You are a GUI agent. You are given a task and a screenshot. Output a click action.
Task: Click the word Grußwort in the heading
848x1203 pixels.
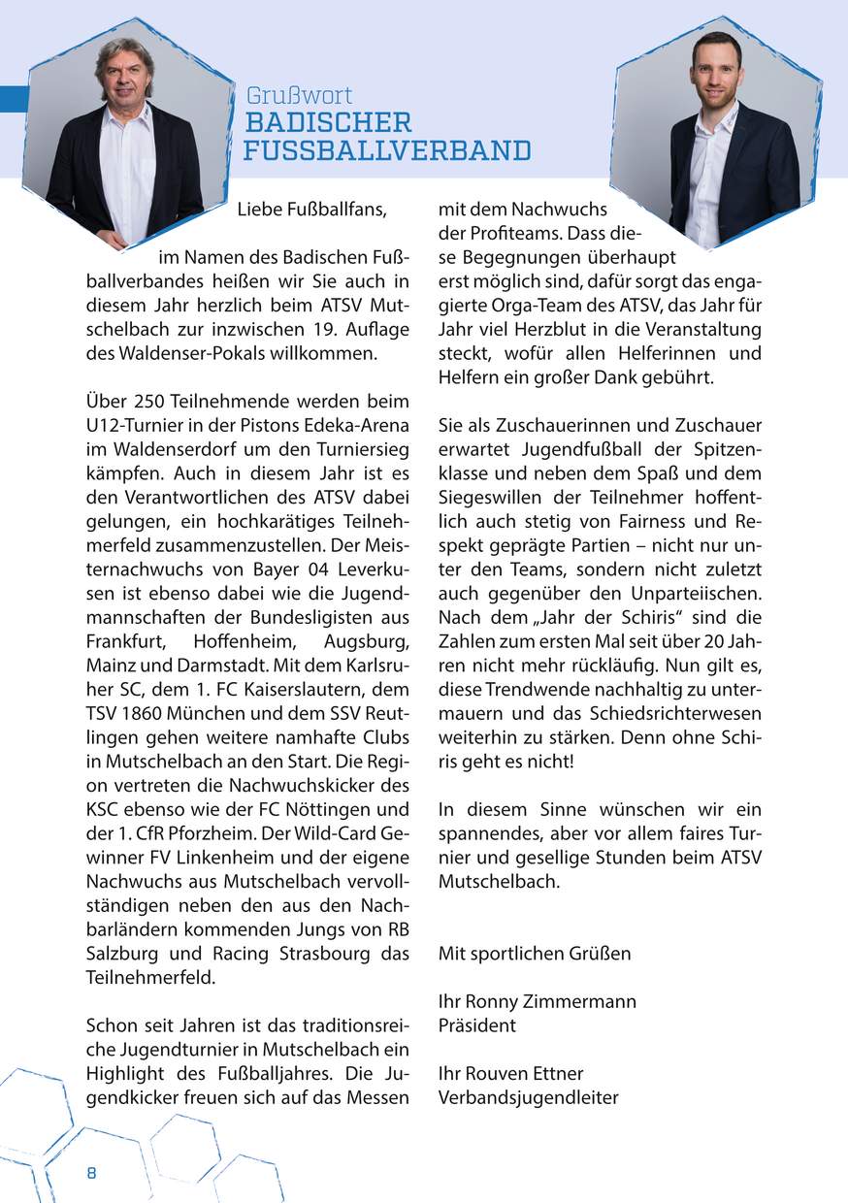(x=299, y=96)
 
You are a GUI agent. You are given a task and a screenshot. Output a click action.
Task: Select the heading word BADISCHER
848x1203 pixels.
(x=328, y=123)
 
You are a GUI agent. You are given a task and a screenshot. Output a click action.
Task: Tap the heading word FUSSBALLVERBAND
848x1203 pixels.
(x=387, y=151)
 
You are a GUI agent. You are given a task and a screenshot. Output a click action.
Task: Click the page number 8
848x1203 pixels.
(x=91, y=1173)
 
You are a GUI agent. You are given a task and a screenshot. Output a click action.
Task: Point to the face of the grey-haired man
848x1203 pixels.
(x=124, y=79)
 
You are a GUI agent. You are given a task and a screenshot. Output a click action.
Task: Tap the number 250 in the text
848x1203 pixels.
(x=145, y=401)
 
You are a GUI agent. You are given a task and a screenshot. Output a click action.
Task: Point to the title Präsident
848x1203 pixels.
(x=477, y=1025)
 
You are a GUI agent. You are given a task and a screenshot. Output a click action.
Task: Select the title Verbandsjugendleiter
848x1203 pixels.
(x=529, y=1098)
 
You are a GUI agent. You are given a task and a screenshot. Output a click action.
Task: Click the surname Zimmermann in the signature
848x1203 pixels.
(x=580, y=1001)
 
